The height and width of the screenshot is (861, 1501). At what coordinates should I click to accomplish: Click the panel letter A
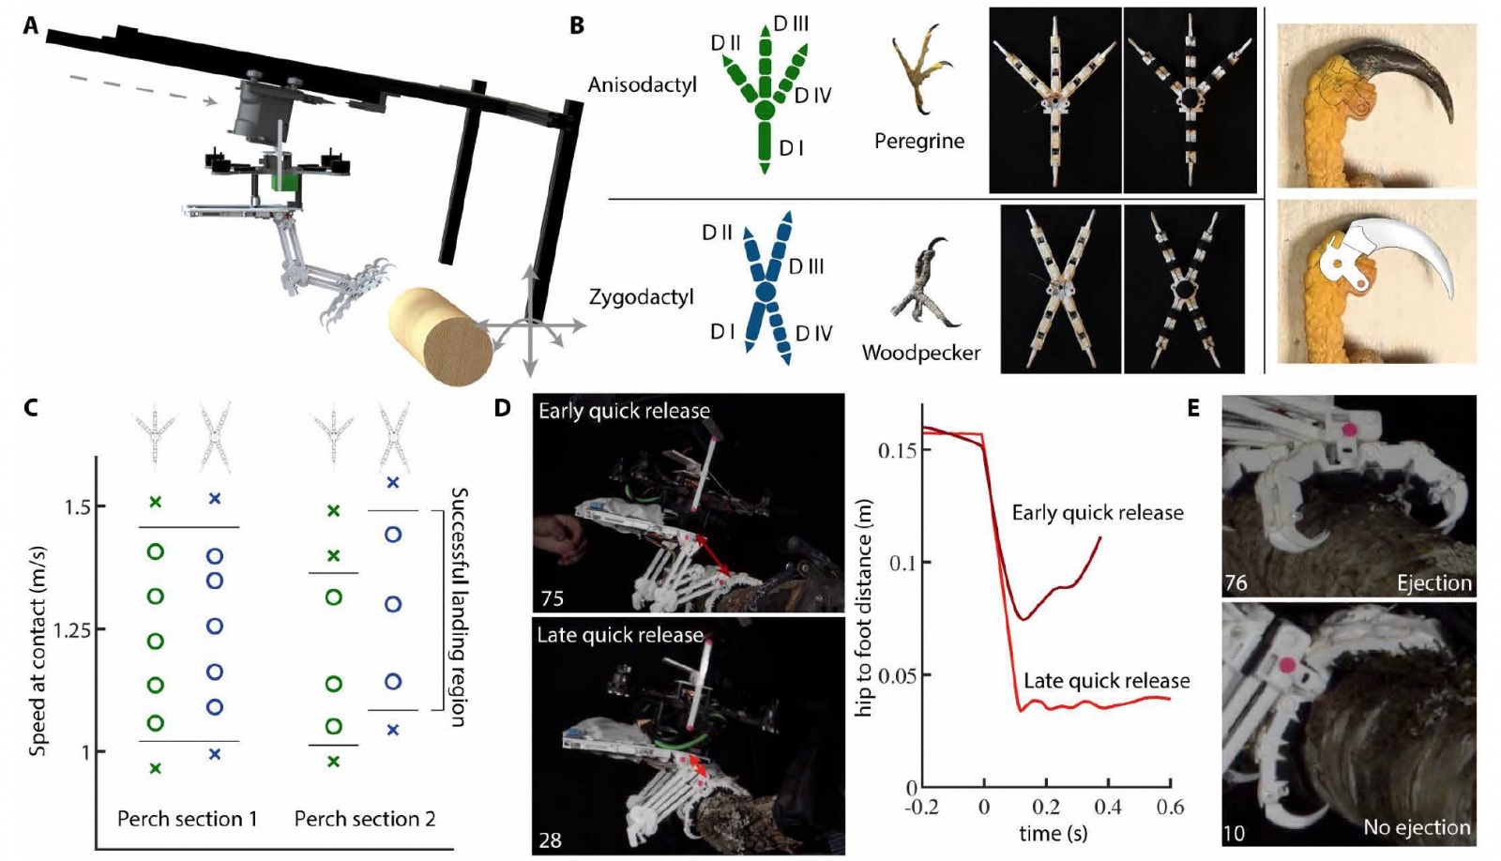click(31, 25)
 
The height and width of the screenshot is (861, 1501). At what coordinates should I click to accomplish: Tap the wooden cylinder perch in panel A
click(441, 333)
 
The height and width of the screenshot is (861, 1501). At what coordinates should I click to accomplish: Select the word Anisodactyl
click(642, 85)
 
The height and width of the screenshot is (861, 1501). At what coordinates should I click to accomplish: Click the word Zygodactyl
click(641, 297)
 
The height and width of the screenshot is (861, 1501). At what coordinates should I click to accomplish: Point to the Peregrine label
click(918, 142)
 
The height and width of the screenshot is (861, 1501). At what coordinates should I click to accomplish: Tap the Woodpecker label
click(920, 354)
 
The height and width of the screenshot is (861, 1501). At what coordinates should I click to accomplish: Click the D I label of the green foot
click(791, 148)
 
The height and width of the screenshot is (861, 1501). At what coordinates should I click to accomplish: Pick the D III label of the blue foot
click(806, 267)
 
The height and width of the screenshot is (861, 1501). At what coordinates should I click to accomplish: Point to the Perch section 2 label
click(365, 819)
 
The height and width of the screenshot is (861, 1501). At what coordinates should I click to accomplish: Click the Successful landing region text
click(459, 607)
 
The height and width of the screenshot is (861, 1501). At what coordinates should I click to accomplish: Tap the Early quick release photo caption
click(624, 411)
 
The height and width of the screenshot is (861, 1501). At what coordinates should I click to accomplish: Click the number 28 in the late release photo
click(550, 839)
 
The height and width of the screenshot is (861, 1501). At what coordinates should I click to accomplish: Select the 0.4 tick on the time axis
click(1107, 808)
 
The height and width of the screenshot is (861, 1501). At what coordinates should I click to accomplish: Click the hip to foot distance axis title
click(863, 608)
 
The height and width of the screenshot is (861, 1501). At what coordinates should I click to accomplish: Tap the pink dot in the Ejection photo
click(1350, 430)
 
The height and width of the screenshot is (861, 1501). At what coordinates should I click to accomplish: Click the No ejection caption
click(1417, 827)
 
